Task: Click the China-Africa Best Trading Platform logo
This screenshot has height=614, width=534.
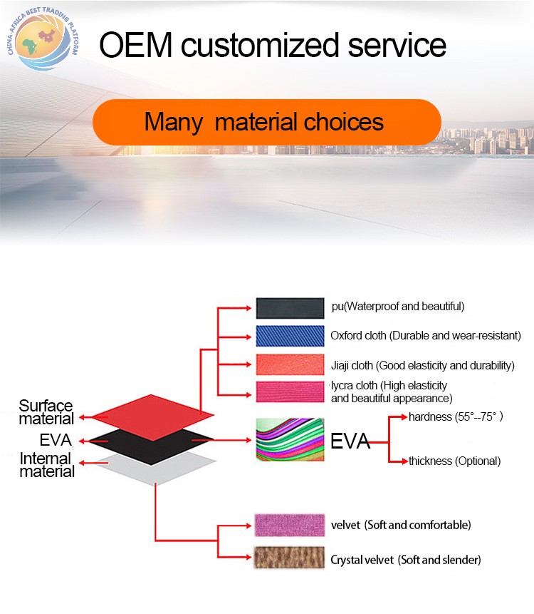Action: [43, 39]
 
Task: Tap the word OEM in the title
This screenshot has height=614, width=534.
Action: [136, 45]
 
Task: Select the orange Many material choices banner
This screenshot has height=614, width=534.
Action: [267, 122]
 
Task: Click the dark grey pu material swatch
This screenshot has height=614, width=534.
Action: [290, 308]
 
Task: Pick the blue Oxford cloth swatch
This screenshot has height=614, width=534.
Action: [290, 336]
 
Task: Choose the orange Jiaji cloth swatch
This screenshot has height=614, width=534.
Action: [290, 364]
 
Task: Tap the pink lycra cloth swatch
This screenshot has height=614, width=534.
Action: [290, 392]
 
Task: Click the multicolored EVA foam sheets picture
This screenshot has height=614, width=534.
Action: [290, 439]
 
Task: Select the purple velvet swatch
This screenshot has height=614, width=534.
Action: [290, 525]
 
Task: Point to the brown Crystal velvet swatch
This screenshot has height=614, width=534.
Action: [289, 557]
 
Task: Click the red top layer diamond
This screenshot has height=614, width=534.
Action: [153, 417]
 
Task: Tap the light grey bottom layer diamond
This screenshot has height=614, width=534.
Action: [157, 469]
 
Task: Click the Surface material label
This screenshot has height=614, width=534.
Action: [46, 412]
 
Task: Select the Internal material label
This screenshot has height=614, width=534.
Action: [47, 465]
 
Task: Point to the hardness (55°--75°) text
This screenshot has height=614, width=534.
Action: [456, 416]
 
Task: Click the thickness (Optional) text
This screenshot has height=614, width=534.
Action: [455, 461]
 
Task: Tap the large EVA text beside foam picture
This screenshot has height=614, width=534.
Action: [350, 441]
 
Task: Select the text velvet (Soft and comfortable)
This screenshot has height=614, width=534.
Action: [401, 525]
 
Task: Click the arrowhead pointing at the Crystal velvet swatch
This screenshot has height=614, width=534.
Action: [248, 557]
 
